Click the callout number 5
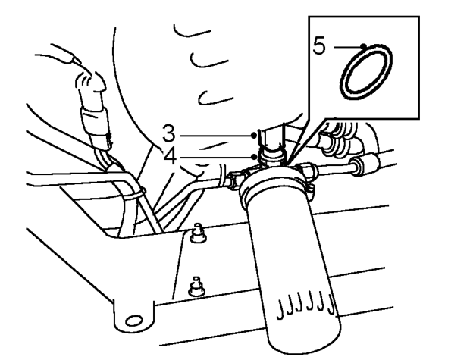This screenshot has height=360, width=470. coord(319,46)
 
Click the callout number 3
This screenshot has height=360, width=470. coord(169,133)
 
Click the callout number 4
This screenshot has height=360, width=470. coord(170,157)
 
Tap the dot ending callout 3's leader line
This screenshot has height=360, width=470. coord(254,136)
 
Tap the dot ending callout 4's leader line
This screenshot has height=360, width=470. coord(255,157)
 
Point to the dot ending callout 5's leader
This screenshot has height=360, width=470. coord(364,46)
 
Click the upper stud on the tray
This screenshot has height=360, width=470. coord(198,233)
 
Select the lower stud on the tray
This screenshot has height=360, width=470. coord(196,287)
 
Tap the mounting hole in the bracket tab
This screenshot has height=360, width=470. coord(133,321)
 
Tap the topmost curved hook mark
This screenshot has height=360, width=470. coord(192,31)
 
